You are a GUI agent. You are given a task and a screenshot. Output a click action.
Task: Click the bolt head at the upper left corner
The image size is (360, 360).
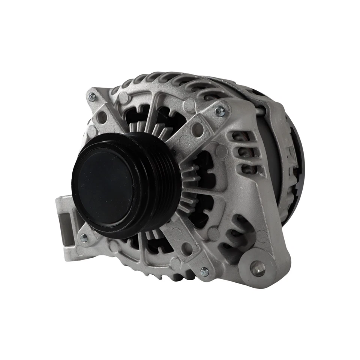[91, 97]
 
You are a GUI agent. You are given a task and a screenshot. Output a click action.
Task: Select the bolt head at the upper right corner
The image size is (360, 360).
[220, 111]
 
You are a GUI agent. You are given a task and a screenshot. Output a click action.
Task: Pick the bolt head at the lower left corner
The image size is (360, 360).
[83, 238]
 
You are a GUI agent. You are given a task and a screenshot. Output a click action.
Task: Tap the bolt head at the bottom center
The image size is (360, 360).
[204, 271]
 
